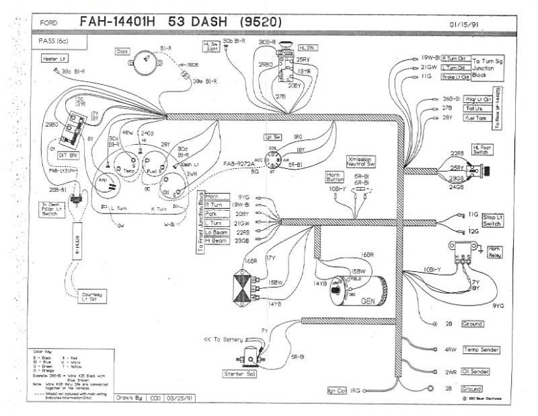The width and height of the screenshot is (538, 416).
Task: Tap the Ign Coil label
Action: click(x=336, y=390)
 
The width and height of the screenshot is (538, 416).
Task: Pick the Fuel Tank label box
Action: click(x=475, y=118)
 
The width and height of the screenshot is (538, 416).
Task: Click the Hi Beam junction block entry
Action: click(x=217, y=240)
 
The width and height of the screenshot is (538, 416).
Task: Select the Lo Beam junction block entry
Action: click(x=217, y=232)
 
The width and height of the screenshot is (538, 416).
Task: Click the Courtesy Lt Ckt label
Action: click(x=92, y=298)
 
